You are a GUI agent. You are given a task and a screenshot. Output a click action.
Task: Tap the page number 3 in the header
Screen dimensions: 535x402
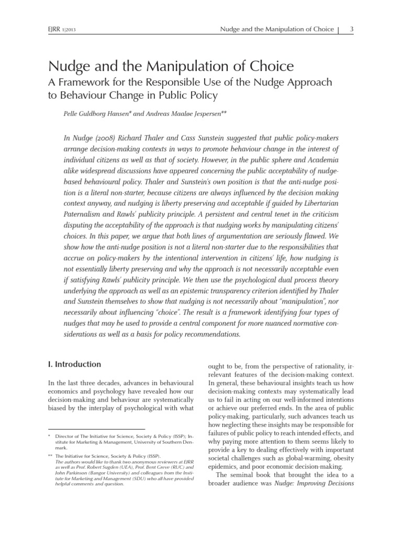pyautogui.click(x=352, y=29)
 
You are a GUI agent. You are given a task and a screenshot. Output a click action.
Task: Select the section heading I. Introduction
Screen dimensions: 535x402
pyautogui.click(x=74, y=364)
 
